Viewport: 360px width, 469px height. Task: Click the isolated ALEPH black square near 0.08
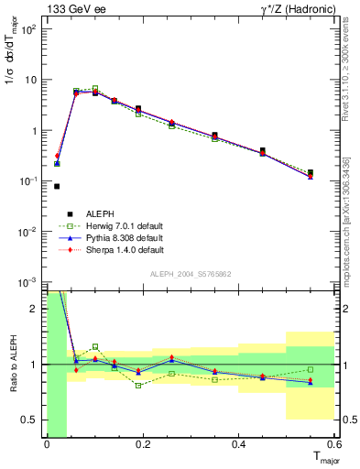coord(57,186)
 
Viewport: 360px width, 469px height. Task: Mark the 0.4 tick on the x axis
coord(238,445)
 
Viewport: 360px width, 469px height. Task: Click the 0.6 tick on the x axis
coord(334,445)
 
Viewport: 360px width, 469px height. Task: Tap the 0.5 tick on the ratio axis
coord(30,420)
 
